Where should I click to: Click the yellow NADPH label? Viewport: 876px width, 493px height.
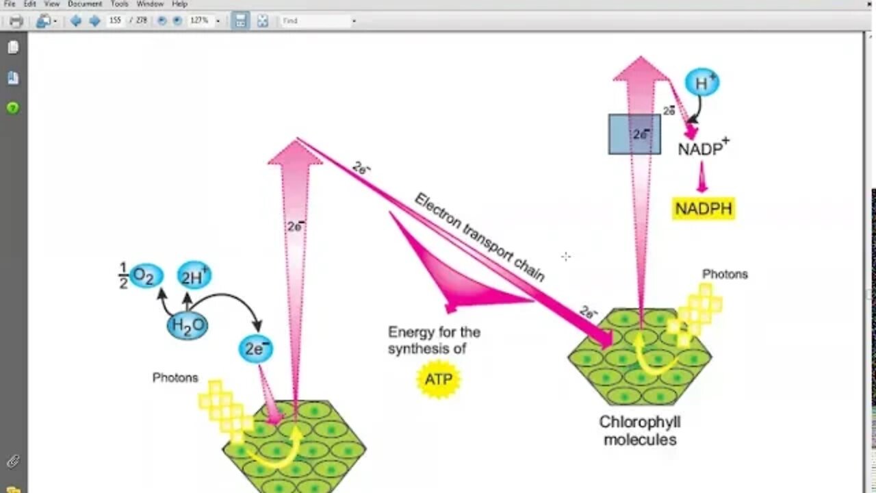point(704,209)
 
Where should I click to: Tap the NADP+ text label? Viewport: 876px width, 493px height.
point(703,148)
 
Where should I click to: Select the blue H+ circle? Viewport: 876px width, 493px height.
point(702,84)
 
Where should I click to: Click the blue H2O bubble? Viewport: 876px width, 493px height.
point(187,325)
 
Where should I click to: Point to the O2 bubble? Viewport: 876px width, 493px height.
point(146,276)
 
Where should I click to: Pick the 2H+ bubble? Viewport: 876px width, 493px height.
point(194,276)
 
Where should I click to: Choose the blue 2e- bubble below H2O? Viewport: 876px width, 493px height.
point(255,349)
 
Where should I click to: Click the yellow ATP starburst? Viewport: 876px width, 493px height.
point(438,379)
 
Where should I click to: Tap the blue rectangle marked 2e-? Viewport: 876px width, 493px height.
point(634,134)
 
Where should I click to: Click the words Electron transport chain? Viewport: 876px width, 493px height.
point(479,237)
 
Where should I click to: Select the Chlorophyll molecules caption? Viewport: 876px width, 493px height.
point(640,431)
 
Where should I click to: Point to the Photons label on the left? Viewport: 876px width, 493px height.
point(175,378)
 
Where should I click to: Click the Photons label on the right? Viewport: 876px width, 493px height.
point(725,274)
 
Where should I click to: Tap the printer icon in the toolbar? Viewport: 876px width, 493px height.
point(16,21)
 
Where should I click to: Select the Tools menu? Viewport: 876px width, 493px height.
point(119,4)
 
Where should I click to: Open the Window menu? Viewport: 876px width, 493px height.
point(150,4)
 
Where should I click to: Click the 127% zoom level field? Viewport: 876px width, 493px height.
point(200,21)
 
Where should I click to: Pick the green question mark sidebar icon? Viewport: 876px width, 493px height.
point(12,108)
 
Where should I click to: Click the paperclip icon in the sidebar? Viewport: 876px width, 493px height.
point(13,462)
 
